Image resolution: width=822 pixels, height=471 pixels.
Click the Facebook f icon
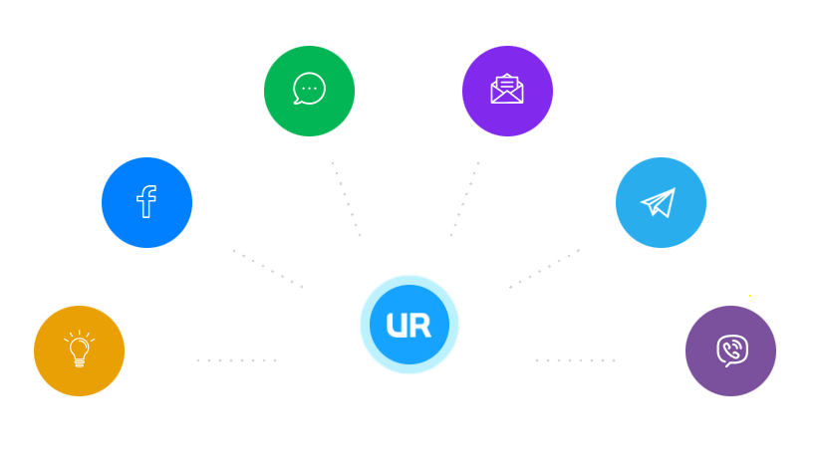pyautogui.click(x=146, y=202)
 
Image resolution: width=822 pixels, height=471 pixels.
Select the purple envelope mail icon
pyautogui.click(x=507, y=90)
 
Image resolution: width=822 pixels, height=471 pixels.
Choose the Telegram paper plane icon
pyautogui.click(x=659, y=202)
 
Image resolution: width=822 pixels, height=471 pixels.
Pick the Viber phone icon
pyautogui.click(x=731, y=351)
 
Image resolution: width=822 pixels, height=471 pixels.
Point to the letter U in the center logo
pyautogui.click(x=396, y=326)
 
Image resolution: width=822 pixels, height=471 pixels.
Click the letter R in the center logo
pyautogui.click(x=422, y=326)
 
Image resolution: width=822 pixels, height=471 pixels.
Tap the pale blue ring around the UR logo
pyautogui.click(x=410, y=280)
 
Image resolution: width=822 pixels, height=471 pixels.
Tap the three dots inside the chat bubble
pyautogui.click(x=309, y=88)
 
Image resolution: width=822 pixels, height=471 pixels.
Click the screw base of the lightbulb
pyautogui.click(x=80, y=362)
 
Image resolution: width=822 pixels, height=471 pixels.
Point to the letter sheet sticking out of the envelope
pyautogui.click(x=507, y=83)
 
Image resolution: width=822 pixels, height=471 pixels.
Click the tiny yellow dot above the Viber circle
pyautogui.click(x=750, y=296)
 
